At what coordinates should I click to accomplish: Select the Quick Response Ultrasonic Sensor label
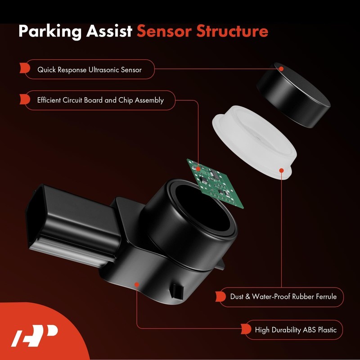pyautogui.click(x=89, y=70)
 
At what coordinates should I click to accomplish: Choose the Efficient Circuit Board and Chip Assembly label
pyautogui.click(x=100, y=100)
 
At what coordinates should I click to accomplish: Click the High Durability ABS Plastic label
pyautogui.click(x=295, y=330)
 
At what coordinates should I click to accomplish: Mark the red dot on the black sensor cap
pyautogui.click(x=281, y=69)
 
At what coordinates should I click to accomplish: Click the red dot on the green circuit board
pyautogui.click(x=198, y=168)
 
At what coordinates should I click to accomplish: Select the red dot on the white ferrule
pyautogui.click(x=281, y=170)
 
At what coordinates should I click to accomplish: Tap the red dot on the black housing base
pyautogui.click(x=136, y=284)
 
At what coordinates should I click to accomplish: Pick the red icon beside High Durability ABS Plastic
pyautogui.click(x=246, y=330)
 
